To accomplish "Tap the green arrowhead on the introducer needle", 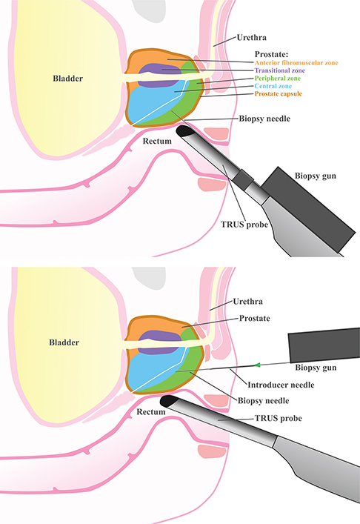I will [x=257, y=365].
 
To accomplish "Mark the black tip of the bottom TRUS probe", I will [x=168, y=401].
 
